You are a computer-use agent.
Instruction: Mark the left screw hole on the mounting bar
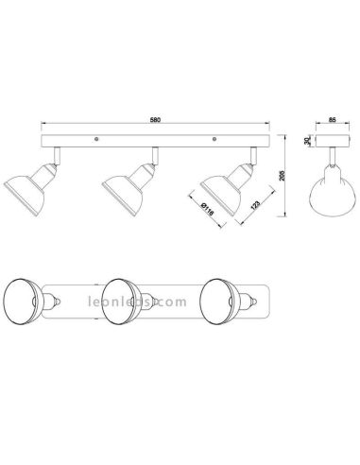pos(96,142)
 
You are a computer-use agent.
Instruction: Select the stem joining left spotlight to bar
pos(57,154)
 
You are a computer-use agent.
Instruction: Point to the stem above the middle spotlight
pos(152,154)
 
